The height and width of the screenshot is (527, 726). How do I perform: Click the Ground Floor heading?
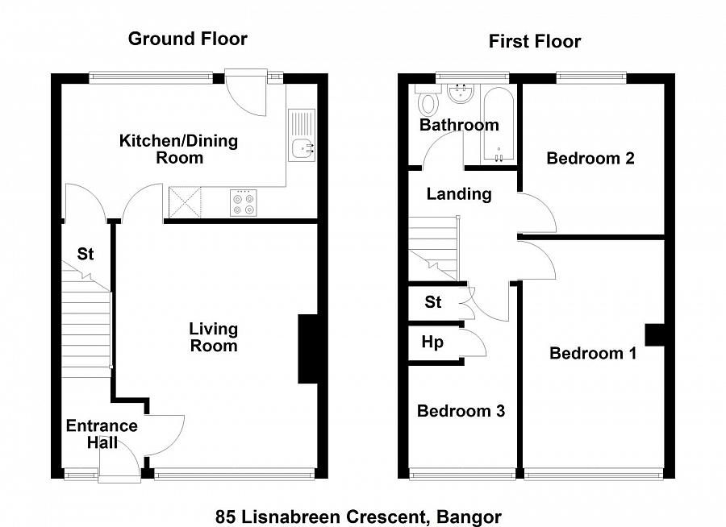187,39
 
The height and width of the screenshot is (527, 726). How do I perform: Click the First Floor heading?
534,41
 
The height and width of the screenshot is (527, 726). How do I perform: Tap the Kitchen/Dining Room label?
178,149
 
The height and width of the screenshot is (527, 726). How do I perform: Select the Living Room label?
214,337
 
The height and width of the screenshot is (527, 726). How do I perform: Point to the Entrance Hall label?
102,434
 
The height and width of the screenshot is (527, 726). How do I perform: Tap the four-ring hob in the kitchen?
244,202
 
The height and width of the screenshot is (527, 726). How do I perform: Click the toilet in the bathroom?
428,102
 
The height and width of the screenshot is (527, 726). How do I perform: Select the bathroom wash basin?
459,94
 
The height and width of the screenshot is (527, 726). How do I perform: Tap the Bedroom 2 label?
590,158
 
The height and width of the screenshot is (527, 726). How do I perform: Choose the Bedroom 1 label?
593,353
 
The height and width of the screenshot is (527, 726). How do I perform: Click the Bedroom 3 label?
461,411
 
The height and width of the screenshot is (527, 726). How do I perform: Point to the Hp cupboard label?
432,342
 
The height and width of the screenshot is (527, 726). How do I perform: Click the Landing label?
458,193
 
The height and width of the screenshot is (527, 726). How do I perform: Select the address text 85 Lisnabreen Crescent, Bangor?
358,516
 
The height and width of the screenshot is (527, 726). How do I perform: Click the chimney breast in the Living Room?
308,349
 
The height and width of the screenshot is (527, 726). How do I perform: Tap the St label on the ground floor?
86,254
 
